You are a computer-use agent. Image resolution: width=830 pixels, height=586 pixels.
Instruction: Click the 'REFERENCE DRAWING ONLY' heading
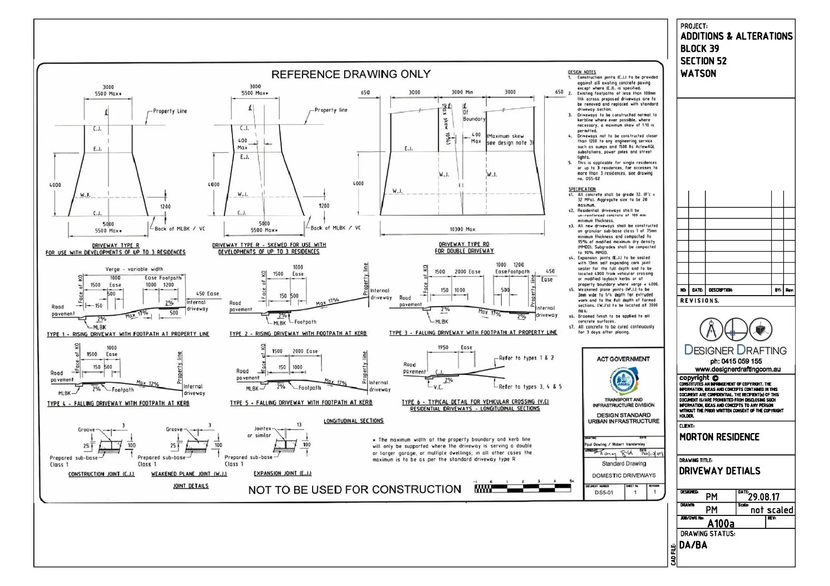[351, 74]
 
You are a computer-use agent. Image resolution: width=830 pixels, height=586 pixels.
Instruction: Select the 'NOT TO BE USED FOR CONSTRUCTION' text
[354, 490]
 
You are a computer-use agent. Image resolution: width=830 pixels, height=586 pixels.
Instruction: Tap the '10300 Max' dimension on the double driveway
[462, 229]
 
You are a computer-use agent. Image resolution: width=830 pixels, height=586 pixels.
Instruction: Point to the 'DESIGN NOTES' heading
[582, 72]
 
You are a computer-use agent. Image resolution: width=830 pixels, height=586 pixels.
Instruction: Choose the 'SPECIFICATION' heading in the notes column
[582, 189]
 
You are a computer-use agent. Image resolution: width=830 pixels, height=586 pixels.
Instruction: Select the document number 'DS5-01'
[604, 493]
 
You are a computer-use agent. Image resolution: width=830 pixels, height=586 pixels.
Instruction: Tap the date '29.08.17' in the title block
[764, 497]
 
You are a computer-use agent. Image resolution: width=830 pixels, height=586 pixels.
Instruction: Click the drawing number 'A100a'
[720, 524]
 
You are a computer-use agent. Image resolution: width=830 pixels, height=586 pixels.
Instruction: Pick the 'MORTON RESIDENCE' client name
[719, 437]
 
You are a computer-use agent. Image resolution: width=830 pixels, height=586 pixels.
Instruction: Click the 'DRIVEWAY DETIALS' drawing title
[719, 471]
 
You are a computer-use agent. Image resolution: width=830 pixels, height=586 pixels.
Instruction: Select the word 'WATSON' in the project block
[698, 73]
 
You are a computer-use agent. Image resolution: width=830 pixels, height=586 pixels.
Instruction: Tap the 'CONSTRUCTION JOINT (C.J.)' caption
[101, 474]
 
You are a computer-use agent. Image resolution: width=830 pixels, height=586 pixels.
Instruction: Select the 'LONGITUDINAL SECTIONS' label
[353, 421]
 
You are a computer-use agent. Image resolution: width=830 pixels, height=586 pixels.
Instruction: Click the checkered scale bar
[523, 488]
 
